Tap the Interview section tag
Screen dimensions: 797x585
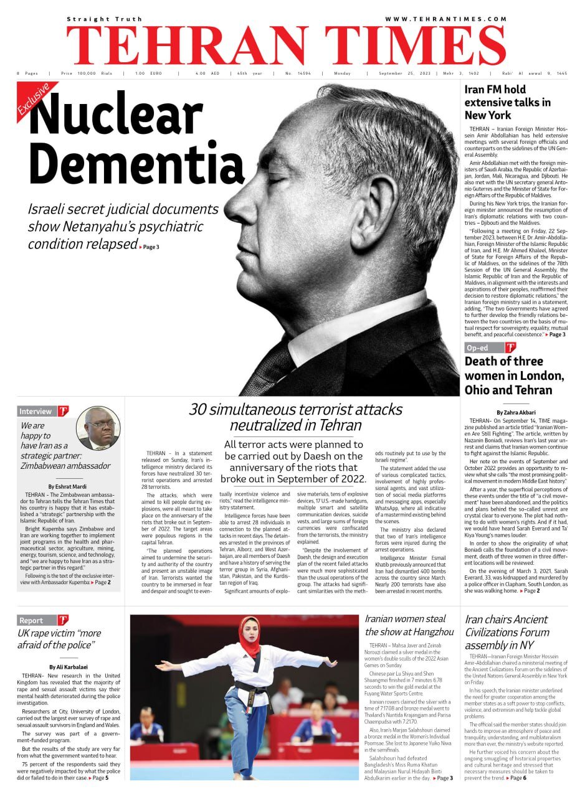coord(36,412)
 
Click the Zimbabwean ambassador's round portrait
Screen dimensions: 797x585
coord(98,428)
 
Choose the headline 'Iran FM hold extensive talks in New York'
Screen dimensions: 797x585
coord(508,102)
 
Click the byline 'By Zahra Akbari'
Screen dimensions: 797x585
coord(516,412)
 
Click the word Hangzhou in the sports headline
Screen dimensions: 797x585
coord(430,632)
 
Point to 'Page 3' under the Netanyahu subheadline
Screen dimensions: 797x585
coord(151,247)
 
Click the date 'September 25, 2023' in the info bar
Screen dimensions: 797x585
coord(404,73)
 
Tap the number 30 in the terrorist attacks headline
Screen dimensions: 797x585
coord(197,410)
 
